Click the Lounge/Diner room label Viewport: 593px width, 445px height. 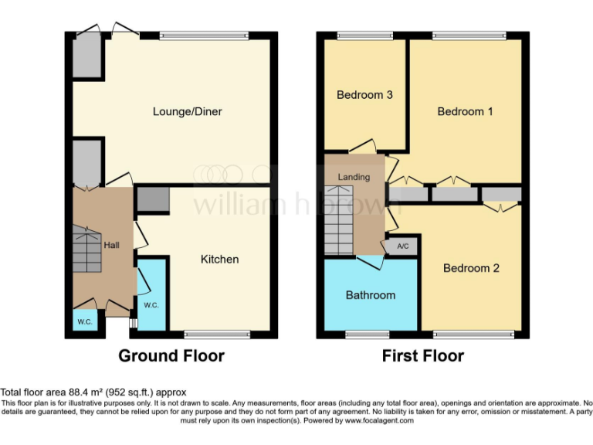(187, 111)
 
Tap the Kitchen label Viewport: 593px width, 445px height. (219, 259)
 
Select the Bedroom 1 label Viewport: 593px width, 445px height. (465, 111)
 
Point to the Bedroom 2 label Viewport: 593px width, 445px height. (471, 268)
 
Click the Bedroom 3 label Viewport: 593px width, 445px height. (365, 95)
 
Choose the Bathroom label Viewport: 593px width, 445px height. (370, 295)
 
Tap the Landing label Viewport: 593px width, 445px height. (354, 177)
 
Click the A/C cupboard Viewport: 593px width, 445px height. (402, 246)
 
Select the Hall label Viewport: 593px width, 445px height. (112, 245)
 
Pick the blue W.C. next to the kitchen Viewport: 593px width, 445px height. (151, 297)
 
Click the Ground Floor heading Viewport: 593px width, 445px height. (171, 356)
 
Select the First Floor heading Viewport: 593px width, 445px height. (423, 356)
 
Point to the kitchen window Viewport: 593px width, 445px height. (218, 335)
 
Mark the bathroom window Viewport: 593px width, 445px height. (367, 335)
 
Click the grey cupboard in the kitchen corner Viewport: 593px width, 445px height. (152, 199)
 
